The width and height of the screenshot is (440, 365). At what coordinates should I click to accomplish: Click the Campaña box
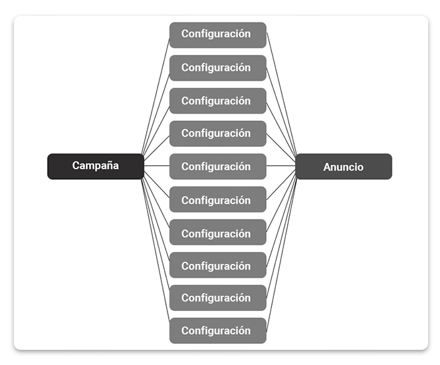point(95,166)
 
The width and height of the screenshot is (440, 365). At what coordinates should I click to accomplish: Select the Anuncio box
point(343,167)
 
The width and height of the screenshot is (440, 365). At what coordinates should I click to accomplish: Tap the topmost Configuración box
point(218,34)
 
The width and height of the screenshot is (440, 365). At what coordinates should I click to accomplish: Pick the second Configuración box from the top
point(218,67)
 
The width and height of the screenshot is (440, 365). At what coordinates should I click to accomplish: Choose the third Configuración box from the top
point(218,101)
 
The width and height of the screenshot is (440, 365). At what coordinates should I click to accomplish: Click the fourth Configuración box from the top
point(218,134)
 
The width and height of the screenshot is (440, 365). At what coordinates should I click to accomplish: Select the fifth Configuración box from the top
point(218,167)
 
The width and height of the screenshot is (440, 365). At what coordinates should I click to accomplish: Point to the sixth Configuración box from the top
point(218,200)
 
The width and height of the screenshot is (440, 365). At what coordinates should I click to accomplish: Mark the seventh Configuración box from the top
point(218,233)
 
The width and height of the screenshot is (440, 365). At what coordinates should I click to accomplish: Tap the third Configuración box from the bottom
point(218,265)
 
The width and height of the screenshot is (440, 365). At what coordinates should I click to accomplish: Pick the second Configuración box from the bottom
point(218,298)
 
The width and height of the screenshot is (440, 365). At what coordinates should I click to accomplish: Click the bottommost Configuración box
point(218,331)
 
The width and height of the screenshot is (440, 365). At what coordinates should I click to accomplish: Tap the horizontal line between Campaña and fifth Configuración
point(157,165)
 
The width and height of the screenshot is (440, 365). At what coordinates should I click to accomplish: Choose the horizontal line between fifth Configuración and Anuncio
point(281,165)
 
